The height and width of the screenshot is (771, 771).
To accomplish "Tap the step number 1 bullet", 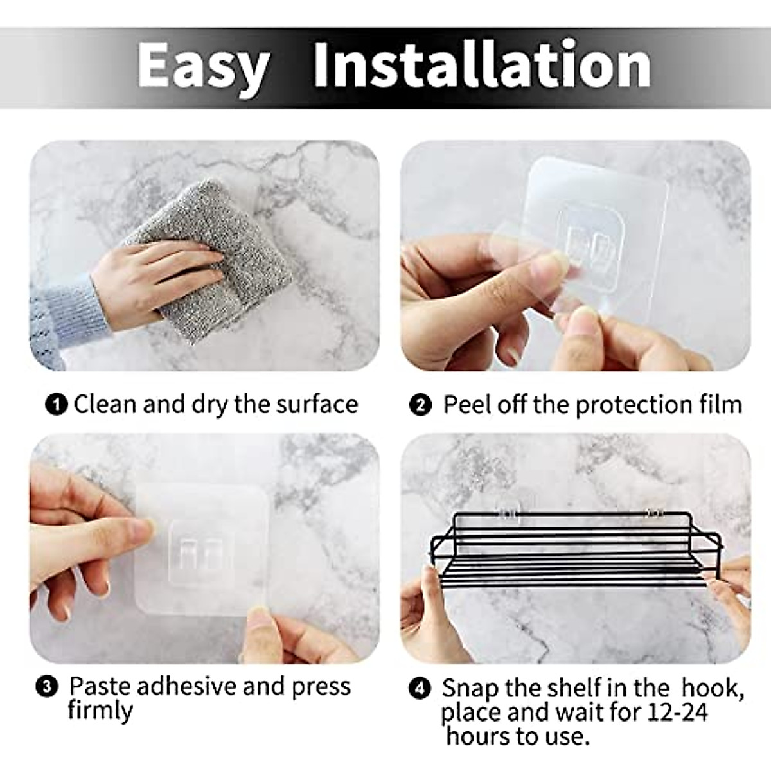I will click(57, 405).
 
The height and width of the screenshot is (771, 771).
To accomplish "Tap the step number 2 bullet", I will click(421, 406).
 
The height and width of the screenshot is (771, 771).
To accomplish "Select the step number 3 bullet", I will click(48, 687).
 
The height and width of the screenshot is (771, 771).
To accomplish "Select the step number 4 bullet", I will click(420, 689).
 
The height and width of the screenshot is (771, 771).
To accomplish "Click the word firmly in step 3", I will click(100, 711).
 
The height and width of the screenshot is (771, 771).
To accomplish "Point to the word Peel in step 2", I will click(466, 405).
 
